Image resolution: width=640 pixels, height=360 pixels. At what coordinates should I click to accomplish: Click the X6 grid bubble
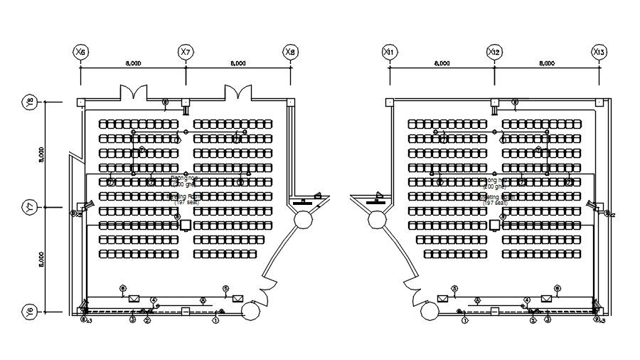80,52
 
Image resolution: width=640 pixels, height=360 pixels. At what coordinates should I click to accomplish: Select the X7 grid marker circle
186,52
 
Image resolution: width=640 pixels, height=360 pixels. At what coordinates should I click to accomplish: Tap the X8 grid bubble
290,52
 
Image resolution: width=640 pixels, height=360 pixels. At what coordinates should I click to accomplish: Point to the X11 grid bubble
389,52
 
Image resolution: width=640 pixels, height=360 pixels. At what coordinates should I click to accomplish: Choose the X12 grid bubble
494,52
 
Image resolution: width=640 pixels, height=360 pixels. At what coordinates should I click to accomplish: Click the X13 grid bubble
599,52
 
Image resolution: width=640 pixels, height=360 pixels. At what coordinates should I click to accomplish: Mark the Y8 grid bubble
29,102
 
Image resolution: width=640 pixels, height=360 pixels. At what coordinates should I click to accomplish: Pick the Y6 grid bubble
29,312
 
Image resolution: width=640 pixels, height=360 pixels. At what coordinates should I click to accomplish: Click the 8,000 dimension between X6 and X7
133,63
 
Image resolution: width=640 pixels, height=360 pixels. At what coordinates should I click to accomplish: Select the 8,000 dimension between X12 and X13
547,63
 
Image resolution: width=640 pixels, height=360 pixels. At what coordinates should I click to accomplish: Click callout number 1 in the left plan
215,320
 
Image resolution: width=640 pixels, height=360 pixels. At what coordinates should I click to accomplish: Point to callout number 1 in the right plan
464,320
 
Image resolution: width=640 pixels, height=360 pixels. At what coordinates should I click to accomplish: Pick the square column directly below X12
494,102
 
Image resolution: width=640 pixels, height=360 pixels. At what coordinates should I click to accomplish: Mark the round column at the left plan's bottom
250,311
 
